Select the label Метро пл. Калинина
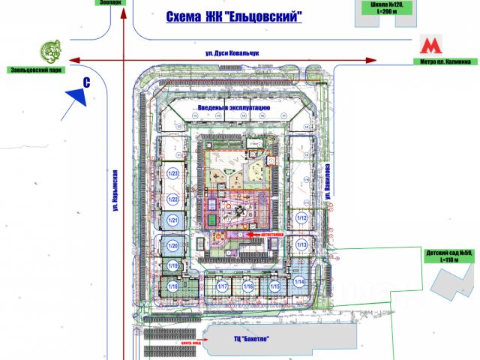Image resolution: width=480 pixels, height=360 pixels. [445, 61]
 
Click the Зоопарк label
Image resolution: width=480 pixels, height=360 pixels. [109, 3]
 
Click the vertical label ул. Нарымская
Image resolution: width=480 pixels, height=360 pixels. [118, 196]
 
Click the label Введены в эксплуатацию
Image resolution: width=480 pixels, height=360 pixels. [233, 109]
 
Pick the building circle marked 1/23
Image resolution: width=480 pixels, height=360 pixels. [173, 174]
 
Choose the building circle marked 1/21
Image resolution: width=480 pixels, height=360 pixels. [172, 221]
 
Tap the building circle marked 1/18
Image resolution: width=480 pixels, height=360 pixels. [172, 286]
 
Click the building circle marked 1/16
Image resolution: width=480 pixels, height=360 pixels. [249, 286]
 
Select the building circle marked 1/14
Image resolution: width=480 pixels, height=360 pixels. [301, 282]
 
